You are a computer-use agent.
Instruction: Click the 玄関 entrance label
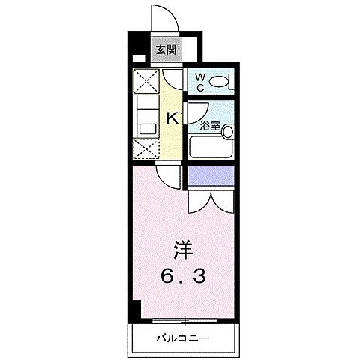(x=166, y=51)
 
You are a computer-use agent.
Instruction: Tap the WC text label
(x=200, y=82)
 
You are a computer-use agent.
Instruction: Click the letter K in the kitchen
(x=171, y=117)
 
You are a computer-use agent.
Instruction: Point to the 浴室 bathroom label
(x=209, y=126)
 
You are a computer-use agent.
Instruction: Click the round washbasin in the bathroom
(x=228, y=133)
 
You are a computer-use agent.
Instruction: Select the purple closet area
(x=211, y=176)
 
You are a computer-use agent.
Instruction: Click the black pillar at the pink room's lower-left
(x=136, y=308)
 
